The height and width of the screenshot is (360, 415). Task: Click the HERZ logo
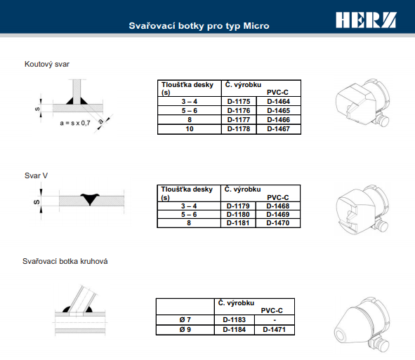[x=366, y=20]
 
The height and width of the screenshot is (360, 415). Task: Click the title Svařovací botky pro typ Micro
[x=199, y=26]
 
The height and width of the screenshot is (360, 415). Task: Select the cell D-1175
[x=239, y=101]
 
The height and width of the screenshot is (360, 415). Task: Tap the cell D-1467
[x=279, y=129]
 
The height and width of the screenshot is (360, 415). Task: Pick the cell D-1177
[x=239, y=120]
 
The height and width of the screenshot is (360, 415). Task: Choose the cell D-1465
[x=279, y=111]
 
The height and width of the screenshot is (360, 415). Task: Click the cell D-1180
[x=238, y=215]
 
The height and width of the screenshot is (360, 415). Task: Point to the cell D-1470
[x=278, y=223]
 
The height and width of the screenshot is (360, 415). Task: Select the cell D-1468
[x=278, y=206]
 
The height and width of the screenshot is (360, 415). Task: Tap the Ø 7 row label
[x=185, y=320]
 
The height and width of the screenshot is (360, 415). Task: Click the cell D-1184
[x=235, y=330]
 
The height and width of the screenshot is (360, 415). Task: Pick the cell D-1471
[x=275, y=330]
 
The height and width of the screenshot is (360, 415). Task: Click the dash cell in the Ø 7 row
[x=275, y=320]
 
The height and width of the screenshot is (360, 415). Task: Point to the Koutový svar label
[x=47, y=65]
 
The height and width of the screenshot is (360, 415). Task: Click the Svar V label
[x=36, y=175]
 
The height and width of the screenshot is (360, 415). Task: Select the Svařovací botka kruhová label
[x=65, y=261]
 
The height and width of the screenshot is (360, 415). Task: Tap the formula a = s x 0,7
[x=75, y=124]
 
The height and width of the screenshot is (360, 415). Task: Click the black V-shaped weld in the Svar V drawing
[x=90, y=199]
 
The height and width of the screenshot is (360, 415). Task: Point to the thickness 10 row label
[x=190, y=129]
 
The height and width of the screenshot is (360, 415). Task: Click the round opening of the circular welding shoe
[x=341, y=335]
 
